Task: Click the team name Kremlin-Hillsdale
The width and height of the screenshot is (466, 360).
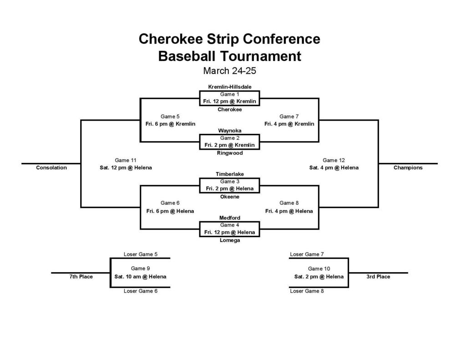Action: pos(230,87)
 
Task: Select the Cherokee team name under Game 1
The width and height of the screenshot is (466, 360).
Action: pos(230,109)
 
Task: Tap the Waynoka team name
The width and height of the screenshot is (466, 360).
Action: pos(230,131)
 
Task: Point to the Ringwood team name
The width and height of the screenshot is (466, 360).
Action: pos(230,153)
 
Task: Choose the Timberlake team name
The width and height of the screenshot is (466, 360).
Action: pos(230,174)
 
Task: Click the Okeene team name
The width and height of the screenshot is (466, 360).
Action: pos(230,197)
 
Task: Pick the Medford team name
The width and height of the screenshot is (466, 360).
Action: pos(230,218)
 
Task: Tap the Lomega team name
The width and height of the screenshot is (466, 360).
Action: pos(230,240)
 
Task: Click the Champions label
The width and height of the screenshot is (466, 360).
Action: pos(408,167)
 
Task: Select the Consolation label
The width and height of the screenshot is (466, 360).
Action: pos(51,167)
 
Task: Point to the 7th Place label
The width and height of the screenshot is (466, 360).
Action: pos(81,277)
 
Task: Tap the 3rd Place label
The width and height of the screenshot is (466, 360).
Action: pos(378,277)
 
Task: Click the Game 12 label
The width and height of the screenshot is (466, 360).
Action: pos(334,160)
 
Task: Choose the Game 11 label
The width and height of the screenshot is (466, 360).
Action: pos(126,160)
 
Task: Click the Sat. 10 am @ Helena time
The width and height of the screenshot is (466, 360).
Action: pos(140,277)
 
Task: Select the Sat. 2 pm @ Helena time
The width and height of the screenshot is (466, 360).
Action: pos(319,277)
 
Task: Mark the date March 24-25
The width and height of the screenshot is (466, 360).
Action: pos(230,71)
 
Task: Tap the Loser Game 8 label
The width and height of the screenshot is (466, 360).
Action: pos(307,291)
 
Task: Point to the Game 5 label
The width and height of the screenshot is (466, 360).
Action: pos(170,117)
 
